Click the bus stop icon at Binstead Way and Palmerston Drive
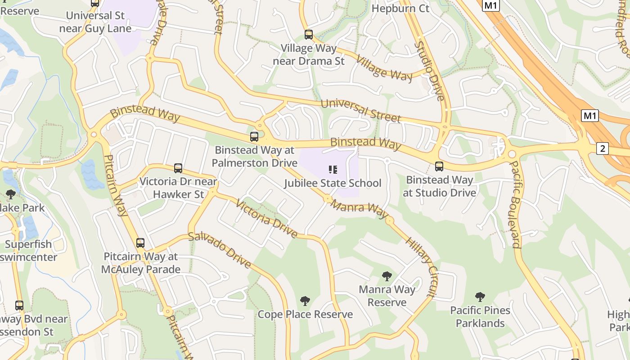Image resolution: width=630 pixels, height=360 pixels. pos(254,137)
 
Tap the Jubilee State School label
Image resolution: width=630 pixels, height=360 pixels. pos(333,183)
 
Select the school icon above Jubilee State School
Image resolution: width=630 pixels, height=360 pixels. pos(333,170)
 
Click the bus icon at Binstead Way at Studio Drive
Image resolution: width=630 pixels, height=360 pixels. pos(439,166)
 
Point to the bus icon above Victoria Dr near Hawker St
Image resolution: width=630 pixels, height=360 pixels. pos(178,168)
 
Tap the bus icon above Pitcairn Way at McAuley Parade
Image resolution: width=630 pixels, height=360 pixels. pos(140,243)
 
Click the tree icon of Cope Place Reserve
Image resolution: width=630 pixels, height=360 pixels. pos(305,301)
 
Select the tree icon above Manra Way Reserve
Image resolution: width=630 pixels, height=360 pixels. pos(387,276)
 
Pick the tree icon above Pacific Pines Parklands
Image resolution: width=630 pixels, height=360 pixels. pos(480,297)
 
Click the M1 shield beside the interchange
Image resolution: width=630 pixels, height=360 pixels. pos(590,116)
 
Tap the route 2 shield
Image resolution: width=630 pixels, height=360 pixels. pos(603,148)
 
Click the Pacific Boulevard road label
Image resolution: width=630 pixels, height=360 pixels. pos(515,204)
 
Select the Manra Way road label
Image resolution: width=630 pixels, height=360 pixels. pos(359,209)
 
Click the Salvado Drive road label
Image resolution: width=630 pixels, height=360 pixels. pos(220,250)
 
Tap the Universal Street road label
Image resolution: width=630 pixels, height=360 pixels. pos(360,111)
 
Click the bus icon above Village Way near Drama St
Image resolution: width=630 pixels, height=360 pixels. pos(308,34)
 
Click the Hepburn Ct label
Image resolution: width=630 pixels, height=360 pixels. pos(400,8)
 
